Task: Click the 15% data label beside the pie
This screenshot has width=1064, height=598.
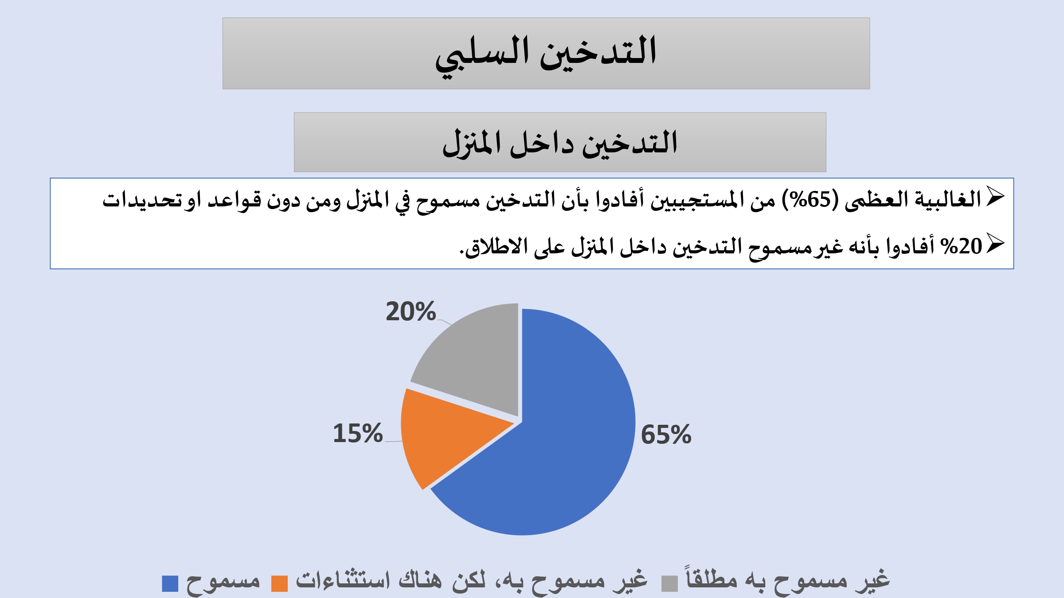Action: (358, 433)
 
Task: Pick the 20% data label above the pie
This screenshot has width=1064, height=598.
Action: (411, 311)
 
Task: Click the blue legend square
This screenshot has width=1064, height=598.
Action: (170, 583)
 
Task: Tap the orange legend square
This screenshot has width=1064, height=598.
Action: (279, 583)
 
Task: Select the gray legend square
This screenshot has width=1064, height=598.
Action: (669, 583)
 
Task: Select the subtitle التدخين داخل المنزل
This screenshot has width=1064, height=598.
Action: (560, 143)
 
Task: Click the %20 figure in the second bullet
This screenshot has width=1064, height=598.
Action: (962, 246)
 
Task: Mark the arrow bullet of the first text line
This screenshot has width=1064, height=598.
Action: (995, 197)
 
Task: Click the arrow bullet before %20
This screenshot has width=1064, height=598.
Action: (995, 244)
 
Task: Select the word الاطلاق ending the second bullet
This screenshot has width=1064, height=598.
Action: (493, 246)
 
